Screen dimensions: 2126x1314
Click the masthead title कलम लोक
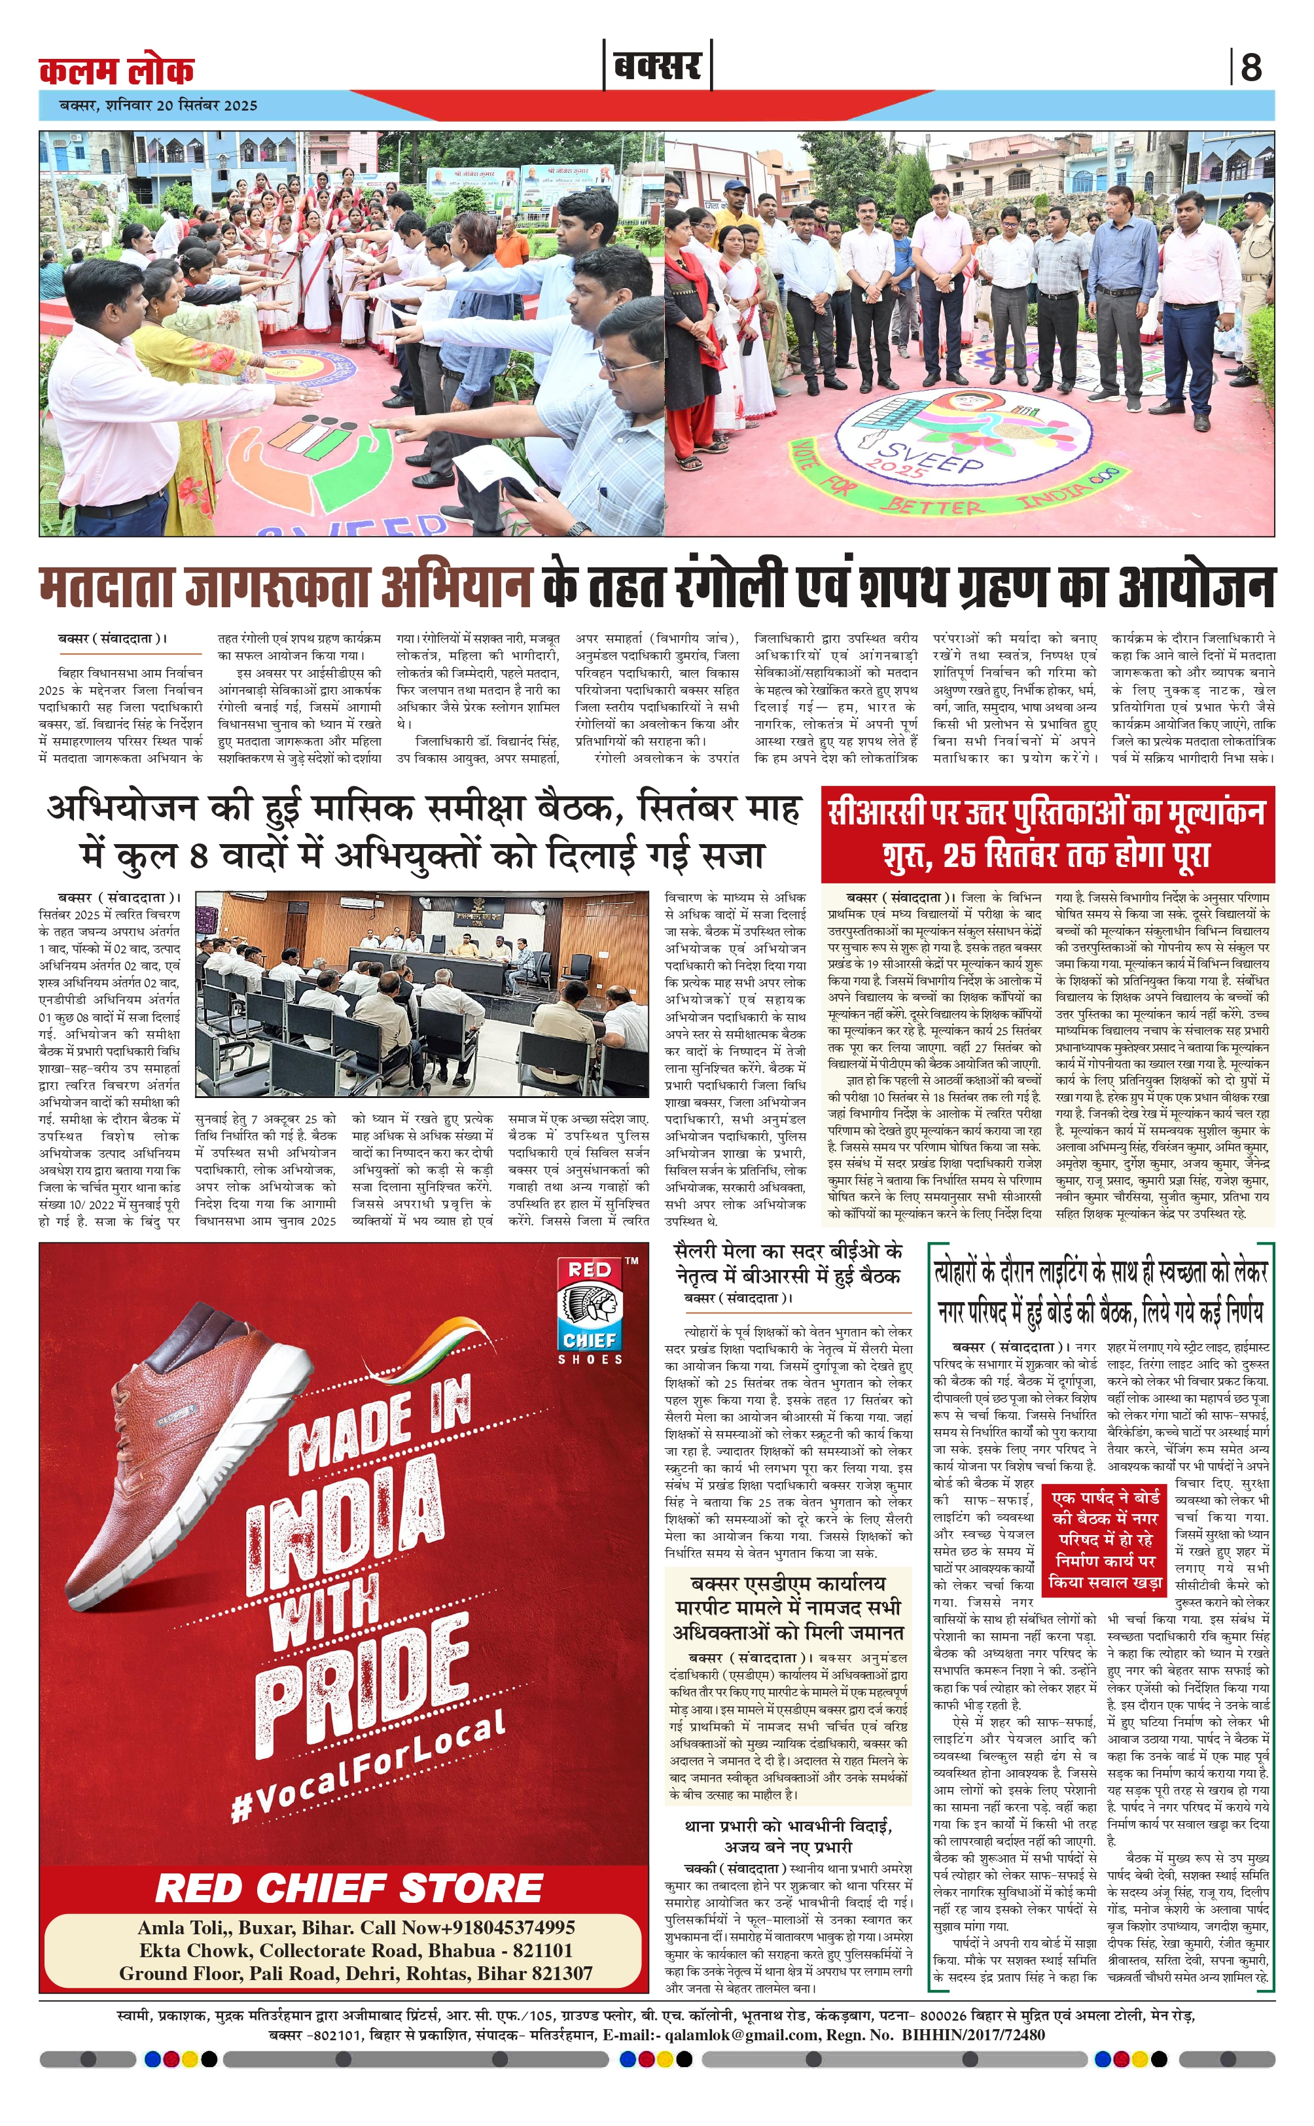[116, 69]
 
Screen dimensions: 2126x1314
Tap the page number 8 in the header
[1251, 67]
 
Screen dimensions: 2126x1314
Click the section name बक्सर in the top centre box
[657, 66]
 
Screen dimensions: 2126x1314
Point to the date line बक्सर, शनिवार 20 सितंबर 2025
[158, 105]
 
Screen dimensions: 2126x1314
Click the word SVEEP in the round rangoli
[931, 456]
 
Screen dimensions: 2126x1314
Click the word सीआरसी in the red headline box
[878, 812]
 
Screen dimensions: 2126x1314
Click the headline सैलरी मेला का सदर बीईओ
[789, 1262]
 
